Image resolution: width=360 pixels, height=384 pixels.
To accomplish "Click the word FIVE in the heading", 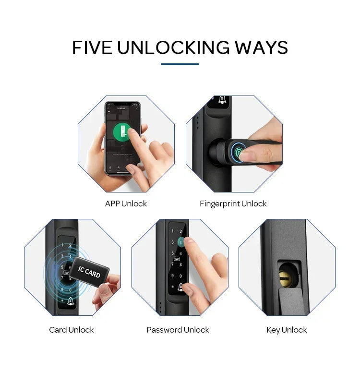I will point(93,48).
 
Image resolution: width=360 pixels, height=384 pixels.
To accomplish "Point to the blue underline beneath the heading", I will point(180,64).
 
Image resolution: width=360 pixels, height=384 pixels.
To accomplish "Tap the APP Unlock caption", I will point(126,204).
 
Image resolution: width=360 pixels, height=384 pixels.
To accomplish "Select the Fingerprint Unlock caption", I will point(233,204).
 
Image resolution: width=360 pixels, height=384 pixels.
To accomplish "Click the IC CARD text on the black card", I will point(89,272).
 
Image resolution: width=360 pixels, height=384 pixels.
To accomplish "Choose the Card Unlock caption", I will point(72,330).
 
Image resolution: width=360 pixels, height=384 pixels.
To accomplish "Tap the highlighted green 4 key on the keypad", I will point(180,242).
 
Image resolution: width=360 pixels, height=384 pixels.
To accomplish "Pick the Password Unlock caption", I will point(178,330).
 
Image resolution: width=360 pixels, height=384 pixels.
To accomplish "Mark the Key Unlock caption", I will point(287,330).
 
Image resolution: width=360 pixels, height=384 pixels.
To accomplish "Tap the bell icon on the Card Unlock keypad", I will point(71,301).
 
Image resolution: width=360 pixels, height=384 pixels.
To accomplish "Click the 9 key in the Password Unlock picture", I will point(173,276).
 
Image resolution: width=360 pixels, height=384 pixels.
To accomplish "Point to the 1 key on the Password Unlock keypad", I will point(173,231).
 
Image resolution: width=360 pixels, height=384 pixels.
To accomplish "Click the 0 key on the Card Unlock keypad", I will point(71,289).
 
